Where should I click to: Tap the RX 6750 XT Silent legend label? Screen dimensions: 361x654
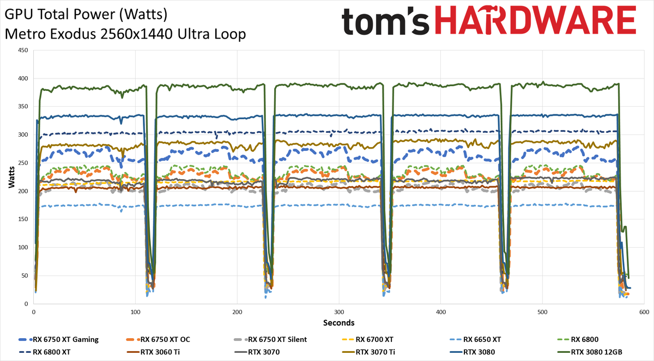point(277,339)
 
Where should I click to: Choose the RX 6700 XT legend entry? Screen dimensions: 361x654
point(376,339)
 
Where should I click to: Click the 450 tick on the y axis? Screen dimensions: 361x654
point(23,50)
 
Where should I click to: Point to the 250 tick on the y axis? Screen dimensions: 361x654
point(23,163)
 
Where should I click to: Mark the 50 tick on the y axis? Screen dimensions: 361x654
point(25,276)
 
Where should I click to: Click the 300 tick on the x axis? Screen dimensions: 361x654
point(338,312)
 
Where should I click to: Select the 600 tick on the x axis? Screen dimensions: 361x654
point(644,312)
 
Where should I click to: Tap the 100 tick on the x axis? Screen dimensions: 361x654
point(135,312)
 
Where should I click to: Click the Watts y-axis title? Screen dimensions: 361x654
point(11,177)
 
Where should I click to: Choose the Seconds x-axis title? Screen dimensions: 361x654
point(338,322)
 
